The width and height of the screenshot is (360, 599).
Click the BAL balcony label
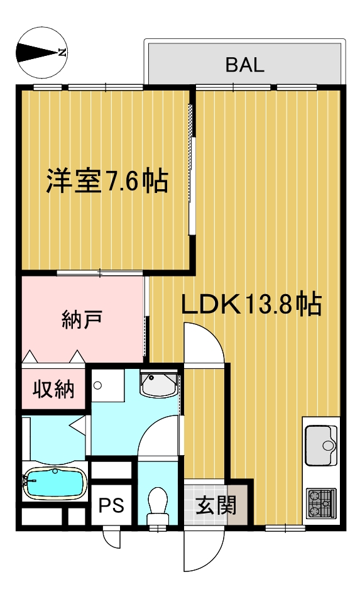click(x=244, y=65)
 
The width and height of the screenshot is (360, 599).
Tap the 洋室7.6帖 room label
click(x=107, y=181)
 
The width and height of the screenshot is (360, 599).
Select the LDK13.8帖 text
click(x=251, y=304)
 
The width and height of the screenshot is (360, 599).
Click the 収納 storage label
click(x=53, y=389)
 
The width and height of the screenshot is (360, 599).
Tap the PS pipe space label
click(x=111, y=505)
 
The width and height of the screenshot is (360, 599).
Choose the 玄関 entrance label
click(x=216, y=505)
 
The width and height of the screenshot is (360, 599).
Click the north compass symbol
click(x=42, y=53)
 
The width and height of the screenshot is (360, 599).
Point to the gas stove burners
click(x=321, y=503)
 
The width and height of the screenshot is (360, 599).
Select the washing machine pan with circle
click(x=107, y=385)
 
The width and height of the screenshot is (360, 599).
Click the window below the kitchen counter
click(x=285, y=527)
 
